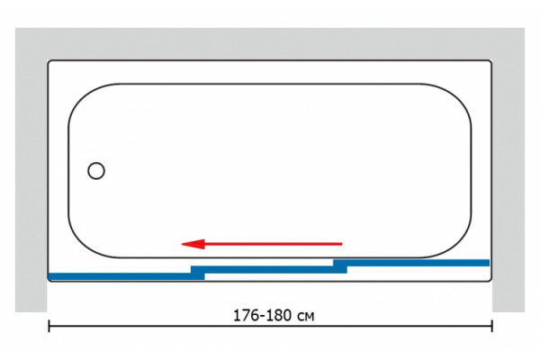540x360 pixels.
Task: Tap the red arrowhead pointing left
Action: (193, 244)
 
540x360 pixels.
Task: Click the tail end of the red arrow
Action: (342, 244)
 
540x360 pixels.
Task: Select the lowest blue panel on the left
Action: (126, 276)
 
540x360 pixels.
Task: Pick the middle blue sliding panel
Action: (269, 269)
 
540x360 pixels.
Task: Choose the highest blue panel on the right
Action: (411, 263)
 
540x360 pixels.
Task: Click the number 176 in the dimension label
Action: (246, 316)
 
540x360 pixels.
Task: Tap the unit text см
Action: (305, 317)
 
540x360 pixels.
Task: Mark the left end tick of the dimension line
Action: (49, 326)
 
